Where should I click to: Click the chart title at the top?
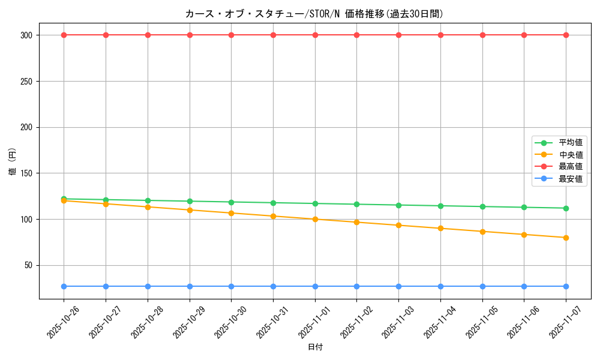[x=314, y=14]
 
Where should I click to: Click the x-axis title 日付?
[x=315, y=347]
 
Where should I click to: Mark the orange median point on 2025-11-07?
[x=566, y=238]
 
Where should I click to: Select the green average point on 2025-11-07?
[x=566, y=208]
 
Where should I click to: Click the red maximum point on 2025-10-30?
[x=231, y=35]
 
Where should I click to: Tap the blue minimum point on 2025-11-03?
[x=398, y=286]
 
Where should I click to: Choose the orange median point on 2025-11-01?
[x=315, y=219]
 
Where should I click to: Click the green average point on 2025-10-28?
[x=148, y=200]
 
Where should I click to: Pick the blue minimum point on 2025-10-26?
[x=64, y=286]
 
